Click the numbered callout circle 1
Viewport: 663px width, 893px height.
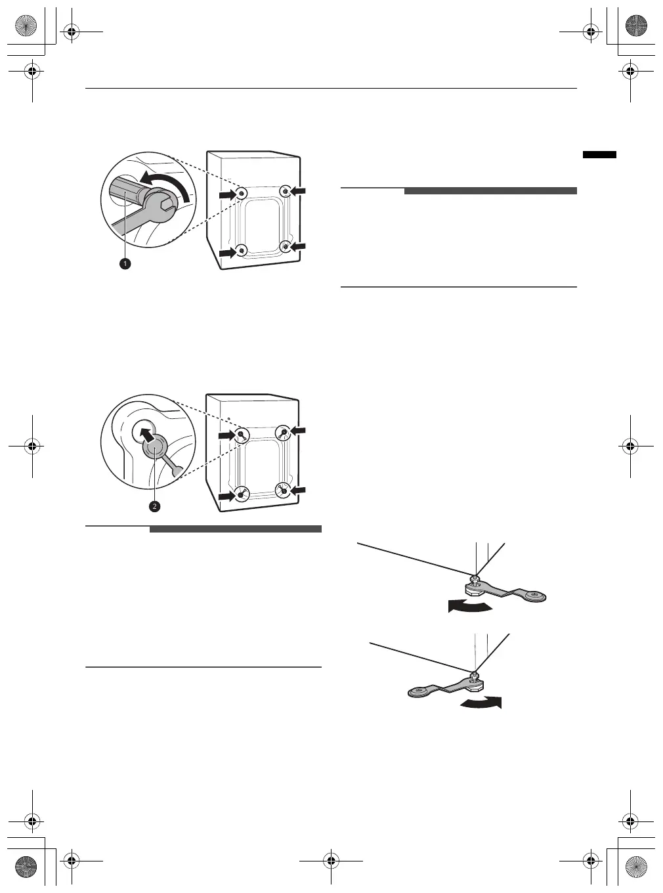pos(124,263)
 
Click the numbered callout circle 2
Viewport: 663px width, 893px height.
pos(154,506)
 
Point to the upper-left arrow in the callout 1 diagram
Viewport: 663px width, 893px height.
pos(227,194)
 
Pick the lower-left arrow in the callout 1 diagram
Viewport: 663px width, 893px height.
pos(227,251)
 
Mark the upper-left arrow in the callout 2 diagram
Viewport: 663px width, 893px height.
pos(227,435)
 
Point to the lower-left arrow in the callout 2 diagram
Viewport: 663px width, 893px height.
pos(227,497)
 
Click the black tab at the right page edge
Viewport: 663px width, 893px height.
pos(599,155)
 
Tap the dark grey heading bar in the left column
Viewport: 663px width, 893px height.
pos(235,529)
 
